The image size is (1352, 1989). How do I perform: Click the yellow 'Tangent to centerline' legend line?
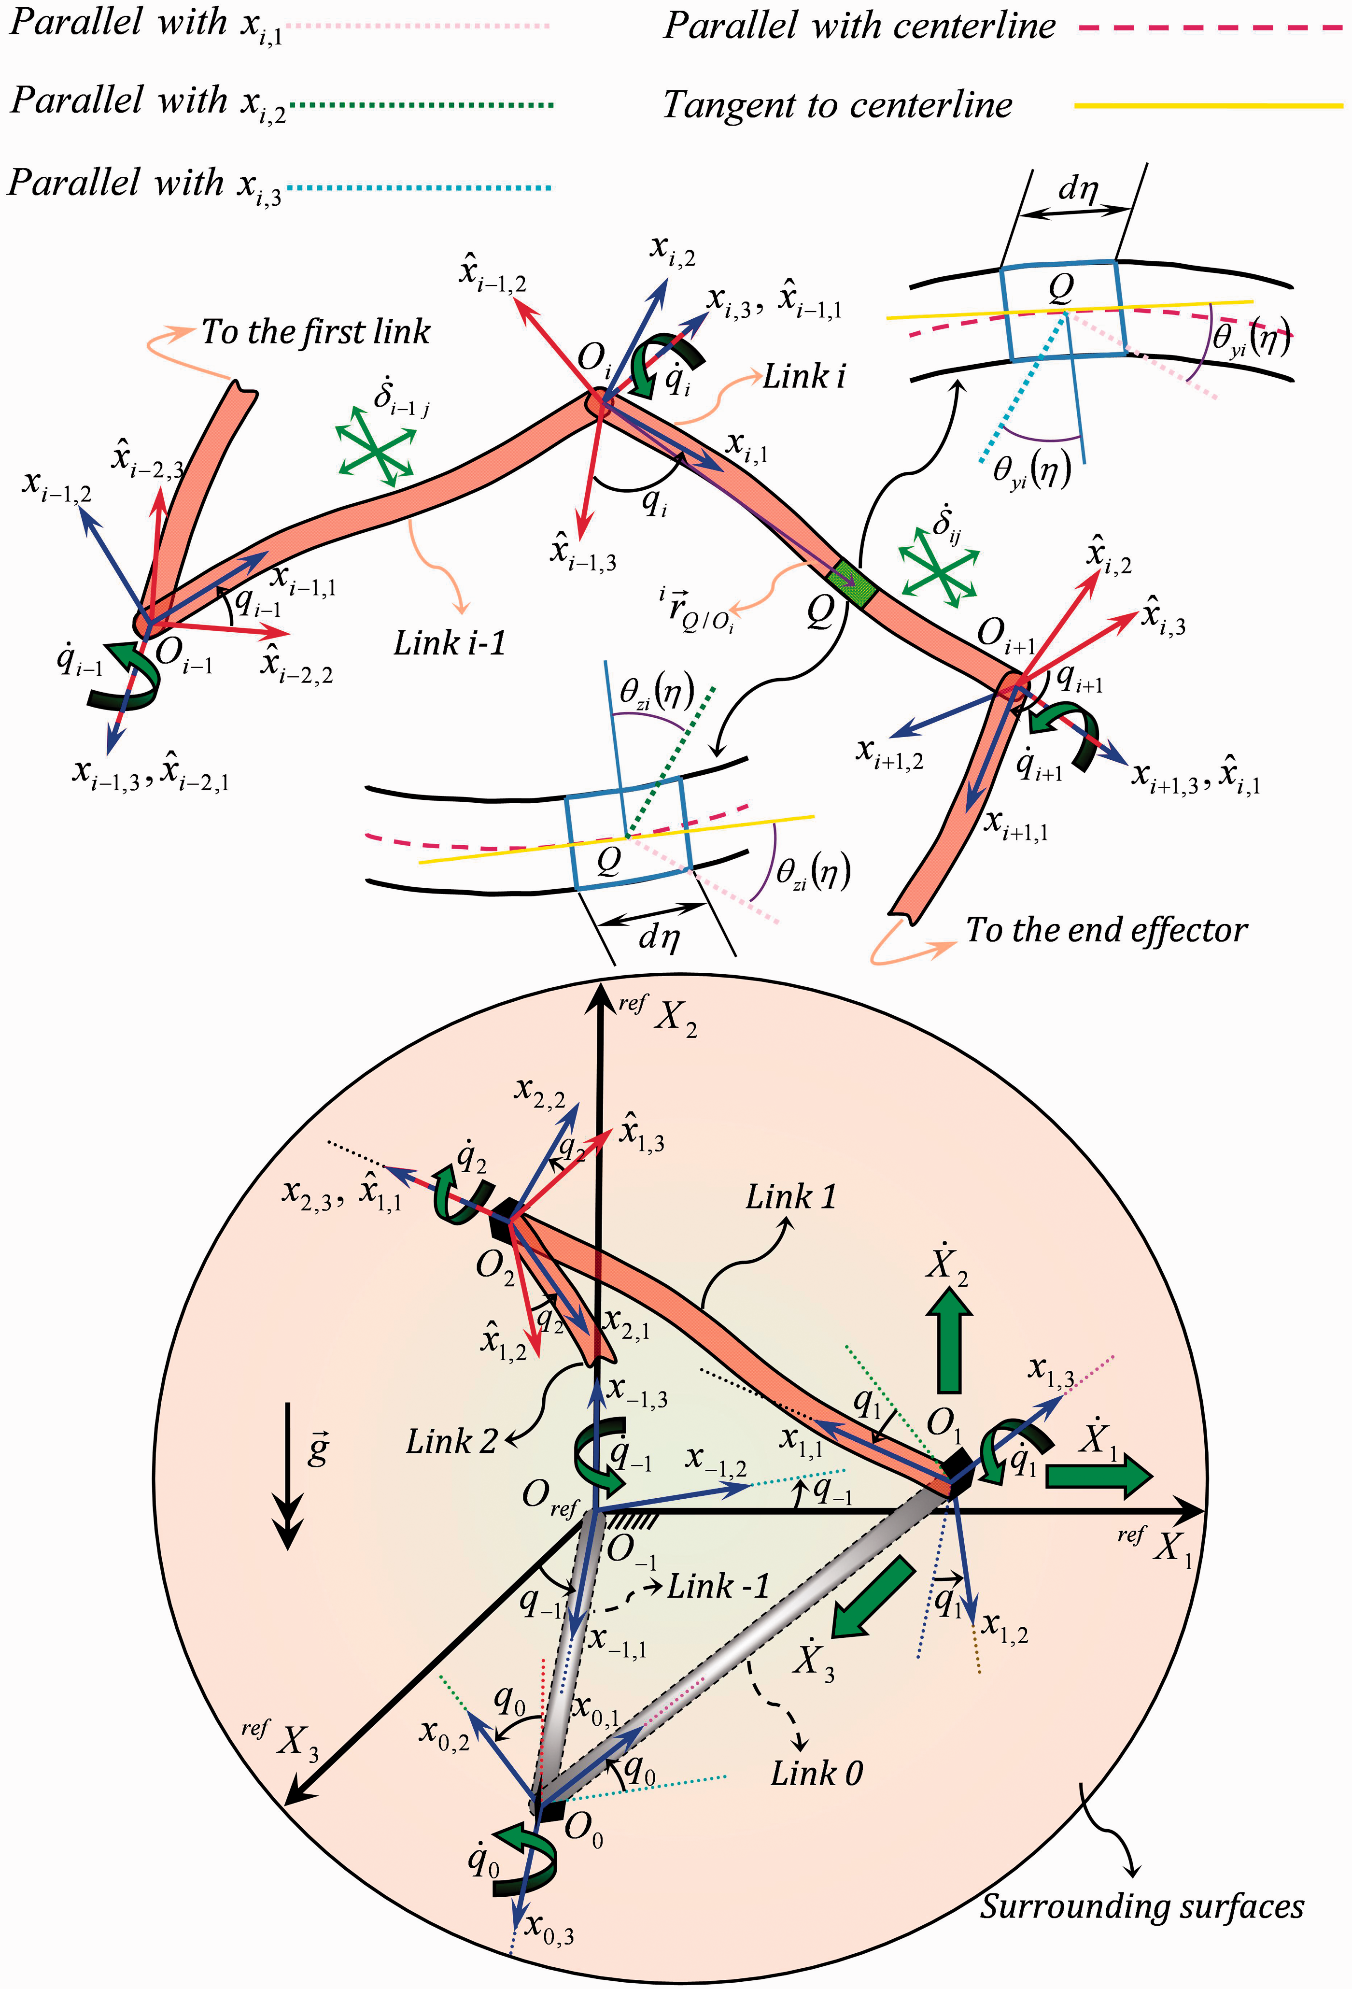(1208, 105)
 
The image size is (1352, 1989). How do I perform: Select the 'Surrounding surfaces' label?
(1141, 1906)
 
